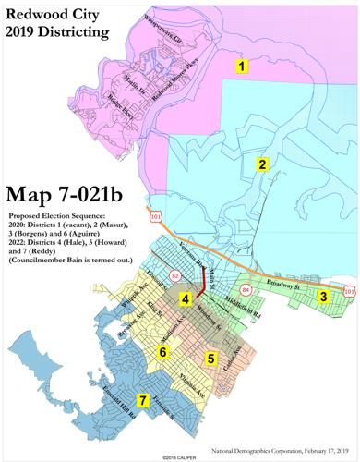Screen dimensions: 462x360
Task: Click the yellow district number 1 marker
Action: tap(241, 67)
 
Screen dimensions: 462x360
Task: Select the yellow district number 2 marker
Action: tap(262, 164)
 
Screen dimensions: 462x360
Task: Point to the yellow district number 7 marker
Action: tap(142, 400)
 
